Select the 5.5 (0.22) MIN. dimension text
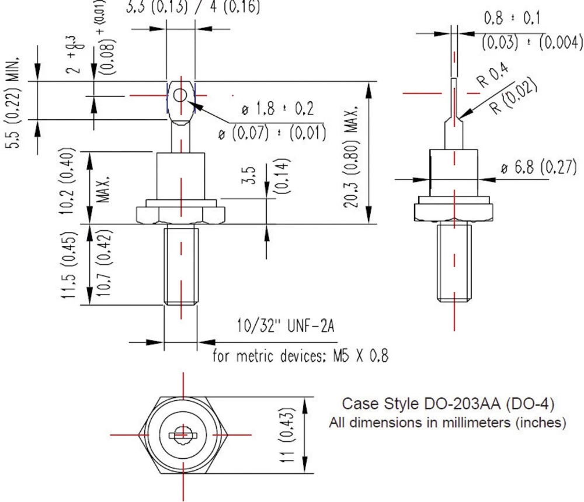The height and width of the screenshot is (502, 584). tap(20, 98)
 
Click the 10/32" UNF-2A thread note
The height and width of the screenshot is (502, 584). tap(284, 326)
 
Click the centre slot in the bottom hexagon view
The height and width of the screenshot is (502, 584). tap(182, 434)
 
